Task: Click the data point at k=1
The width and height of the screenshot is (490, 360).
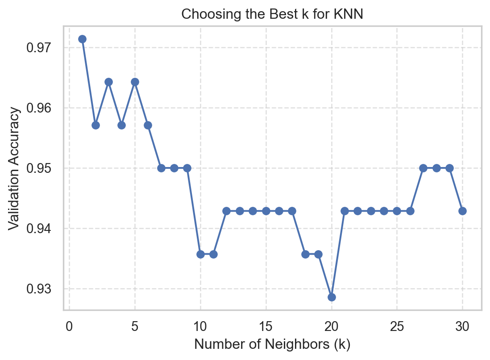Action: pyautogui.click(x=82, y=39)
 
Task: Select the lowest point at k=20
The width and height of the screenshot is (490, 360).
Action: pyautogui.click(x=332, y=297)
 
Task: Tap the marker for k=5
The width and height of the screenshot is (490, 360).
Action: pyautogui.click(x=135, y=82)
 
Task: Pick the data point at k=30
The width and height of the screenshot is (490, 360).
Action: pyautogui.click(x=462, y=211)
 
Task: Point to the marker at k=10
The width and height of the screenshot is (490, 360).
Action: pyautogui.click(x=200, y=254)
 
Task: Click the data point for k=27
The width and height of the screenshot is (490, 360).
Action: pyautogui.click(x=423, y=168)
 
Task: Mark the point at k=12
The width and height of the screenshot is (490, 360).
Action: pyautogui.click(x=227, y=211)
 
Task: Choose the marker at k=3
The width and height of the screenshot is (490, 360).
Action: pyautogui.click(x=108, y=82)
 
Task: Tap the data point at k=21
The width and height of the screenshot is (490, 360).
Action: pyautogui.click(x=345, y=211)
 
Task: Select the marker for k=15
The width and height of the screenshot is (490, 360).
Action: pyautogui.click(x=266, y=211)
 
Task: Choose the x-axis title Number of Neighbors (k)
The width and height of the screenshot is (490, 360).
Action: pyautogui.click(x=272, y=345)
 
